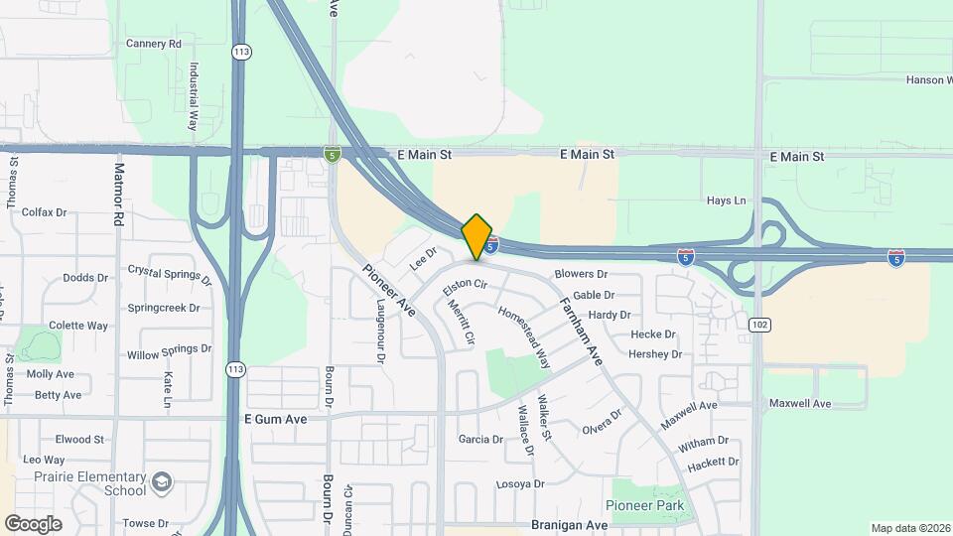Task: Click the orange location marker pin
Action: click(477, 236)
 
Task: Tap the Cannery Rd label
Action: click(154, 44)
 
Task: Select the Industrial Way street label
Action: click(194, 97)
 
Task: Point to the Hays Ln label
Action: click(726, 201)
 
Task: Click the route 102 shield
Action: click(760, 325)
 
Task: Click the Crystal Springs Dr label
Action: click(170, 275)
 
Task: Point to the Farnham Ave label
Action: click(581, 332)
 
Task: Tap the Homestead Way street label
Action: click(524, 336)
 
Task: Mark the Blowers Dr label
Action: click(581, 274)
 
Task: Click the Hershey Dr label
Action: click(655, 354)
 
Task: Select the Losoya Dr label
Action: click(521, 484)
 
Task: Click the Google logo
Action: click(33, 524)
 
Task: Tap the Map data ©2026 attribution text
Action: click(909, 528)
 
